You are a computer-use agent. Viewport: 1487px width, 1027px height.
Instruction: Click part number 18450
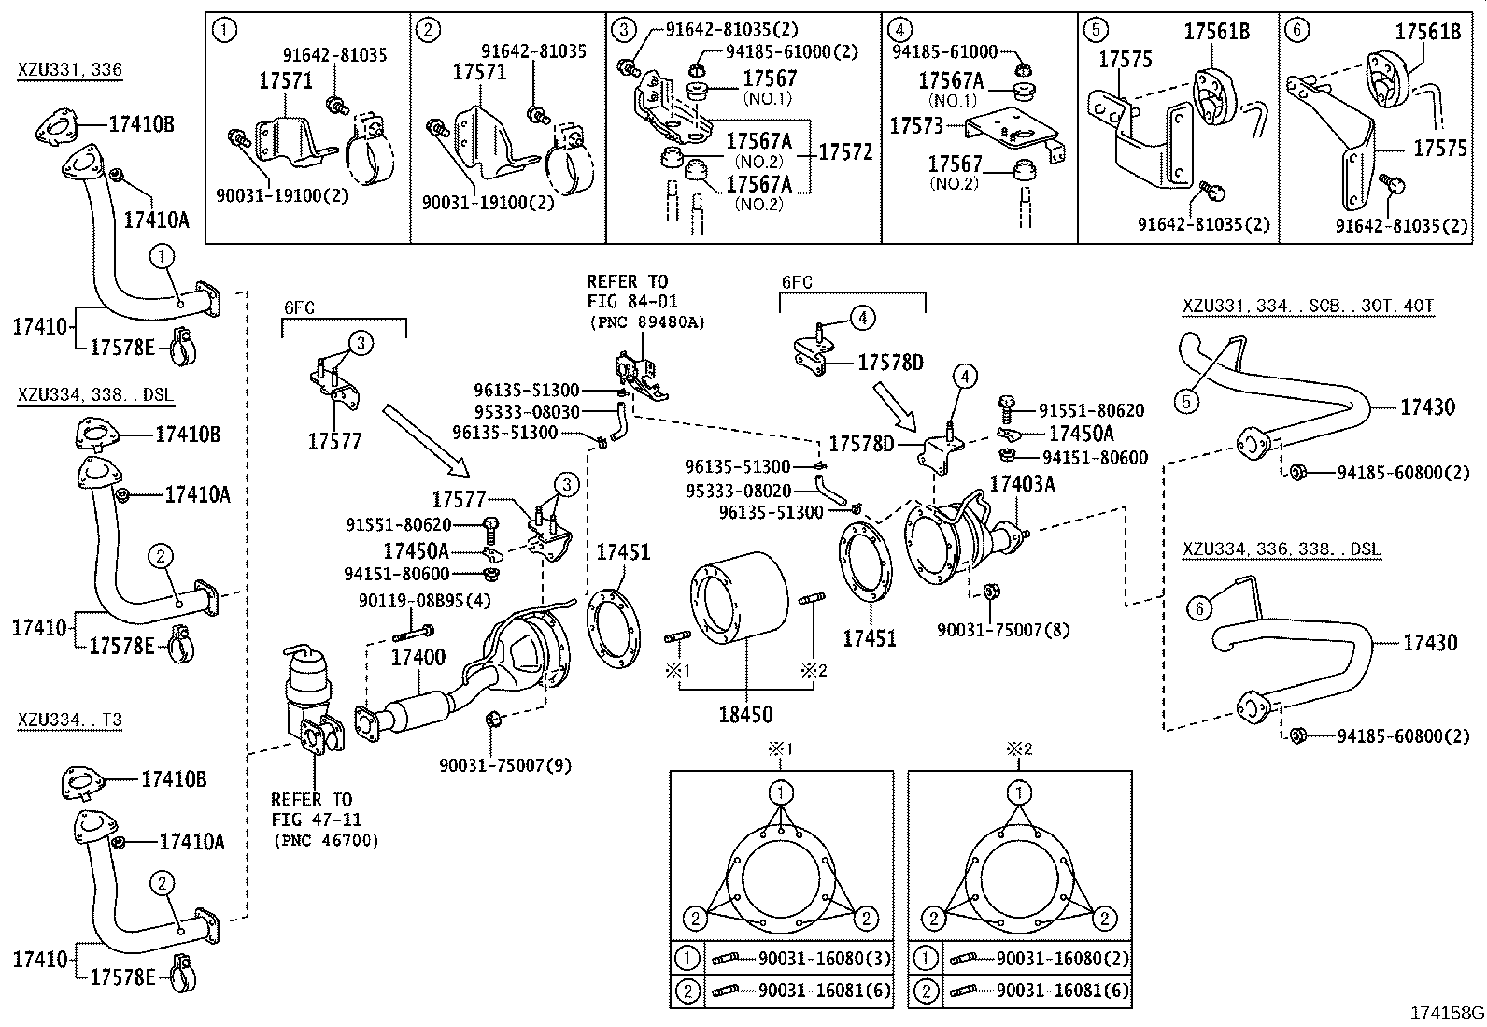tap(745, 715)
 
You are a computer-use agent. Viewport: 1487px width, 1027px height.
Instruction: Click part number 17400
tap(418, 658)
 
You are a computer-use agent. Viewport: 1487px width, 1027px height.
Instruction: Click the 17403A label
tap(1022, 483)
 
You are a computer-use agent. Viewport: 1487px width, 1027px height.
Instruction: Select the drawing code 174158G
tap(1447, 1013)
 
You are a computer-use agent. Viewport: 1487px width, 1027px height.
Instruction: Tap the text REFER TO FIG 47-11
tap(312, 810)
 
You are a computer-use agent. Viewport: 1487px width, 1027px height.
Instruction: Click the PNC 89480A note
tap(646, 322)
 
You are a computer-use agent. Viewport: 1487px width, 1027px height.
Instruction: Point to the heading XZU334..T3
tap(69, 720)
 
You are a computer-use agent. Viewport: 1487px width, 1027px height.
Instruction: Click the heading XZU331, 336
tap(69, 69)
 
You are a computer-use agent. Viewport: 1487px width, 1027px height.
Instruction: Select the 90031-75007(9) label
tap(505, 765)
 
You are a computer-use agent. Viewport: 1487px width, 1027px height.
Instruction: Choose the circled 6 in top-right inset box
tap(1296, 30)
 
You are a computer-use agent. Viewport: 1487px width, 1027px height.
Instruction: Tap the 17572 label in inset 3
tap(845, 151)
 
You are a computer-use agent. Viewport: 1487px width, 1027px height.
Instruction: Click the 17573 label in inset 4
tap(916, 125)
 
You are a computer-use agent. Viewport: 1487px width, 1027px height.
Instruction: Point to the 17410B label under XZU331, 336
tap(142, 123)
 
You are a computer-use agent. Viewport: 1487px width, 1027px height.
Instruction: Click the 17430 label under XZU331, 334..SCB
tap(1427, 407)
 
